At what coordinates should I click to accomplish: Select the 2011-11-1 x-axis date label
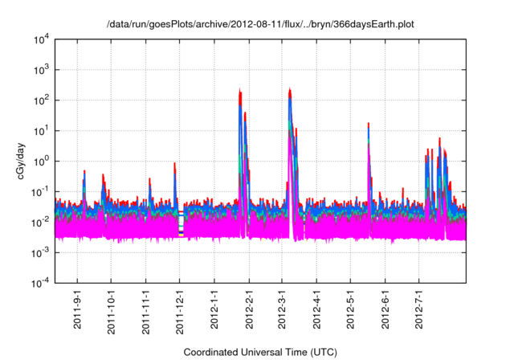[145, 310]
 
